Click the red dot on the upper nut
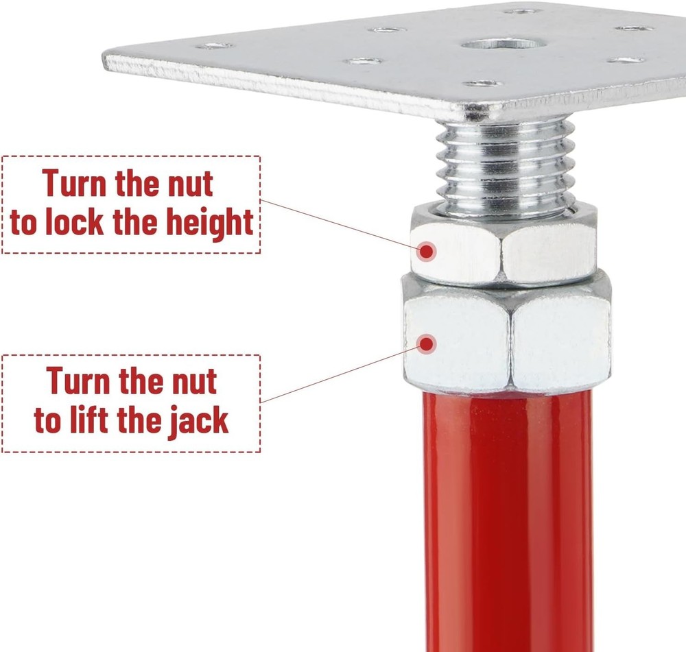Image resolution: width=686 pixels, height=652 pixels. tap(427, 251)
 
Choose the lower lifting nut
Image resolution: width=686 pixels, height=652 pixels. tap(508, 339)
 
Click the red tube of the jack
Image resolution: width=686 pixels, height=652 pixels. tap(508, 521)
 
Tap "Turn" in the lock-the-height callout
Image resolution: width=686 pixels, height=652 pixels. tap(82, 184)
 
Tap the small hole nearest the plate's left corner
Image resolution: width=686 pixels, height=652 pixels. tap(213, 46)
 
